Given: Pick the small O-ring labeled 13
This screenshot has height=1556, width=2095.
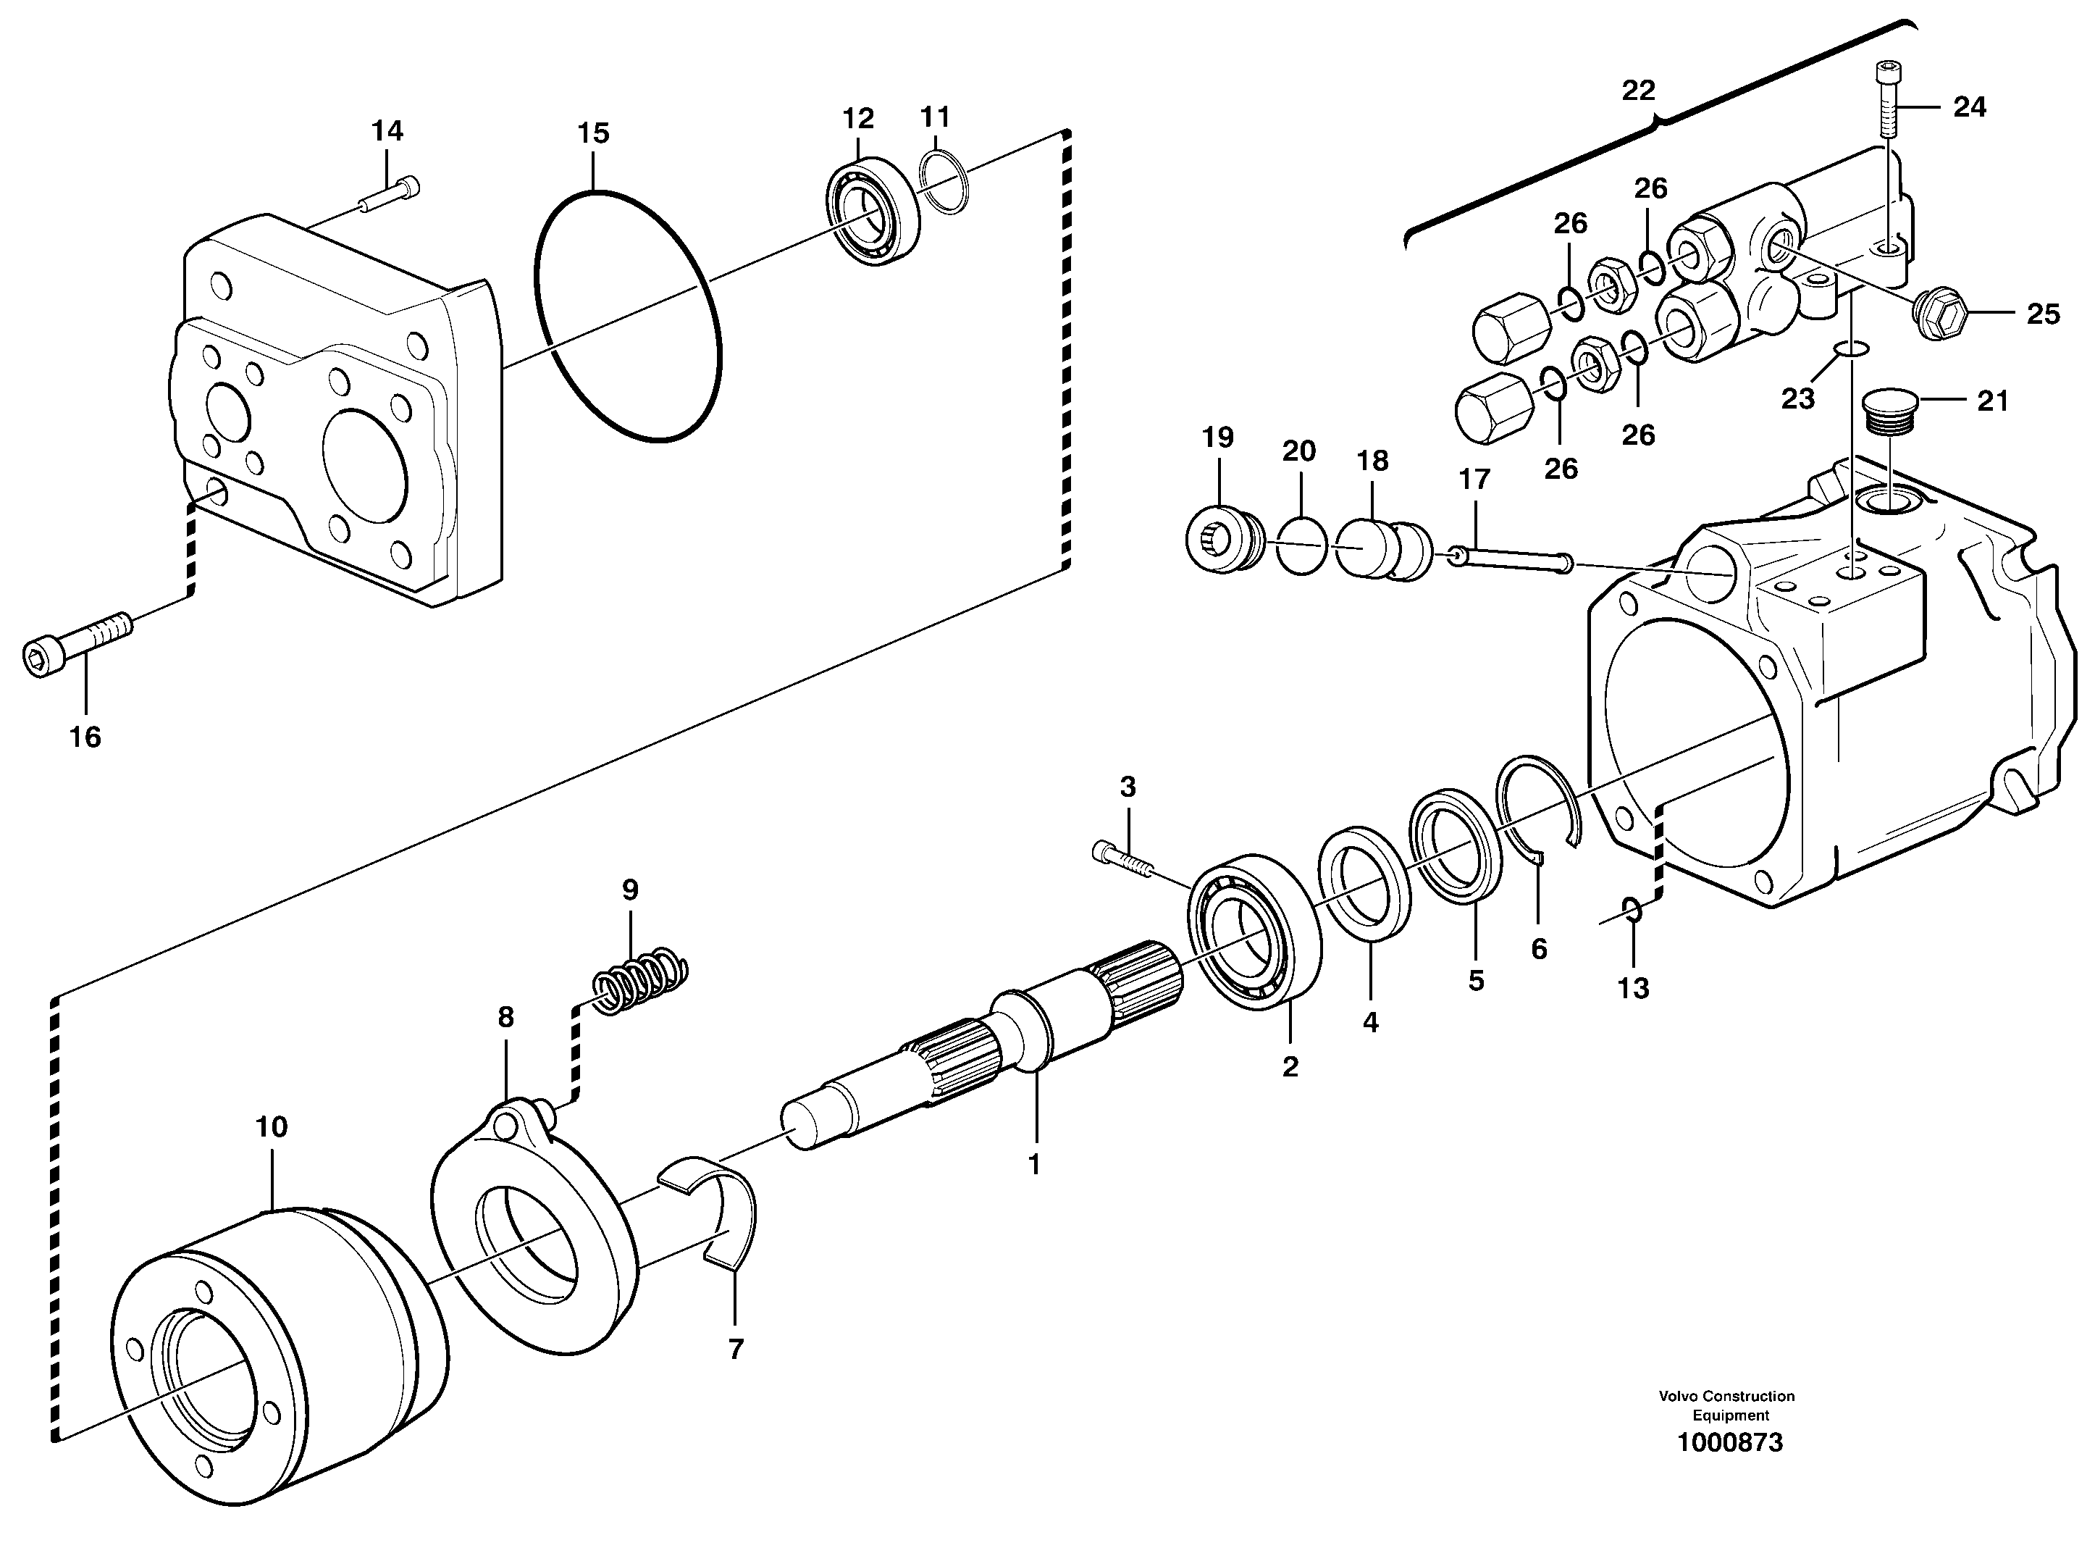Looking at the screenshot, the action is pyautogui.click(x=1634, y=910).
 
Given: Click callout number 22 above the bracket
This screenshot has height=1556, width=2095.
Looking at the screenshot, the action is pyautogui.click(x=1638, y=91).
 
